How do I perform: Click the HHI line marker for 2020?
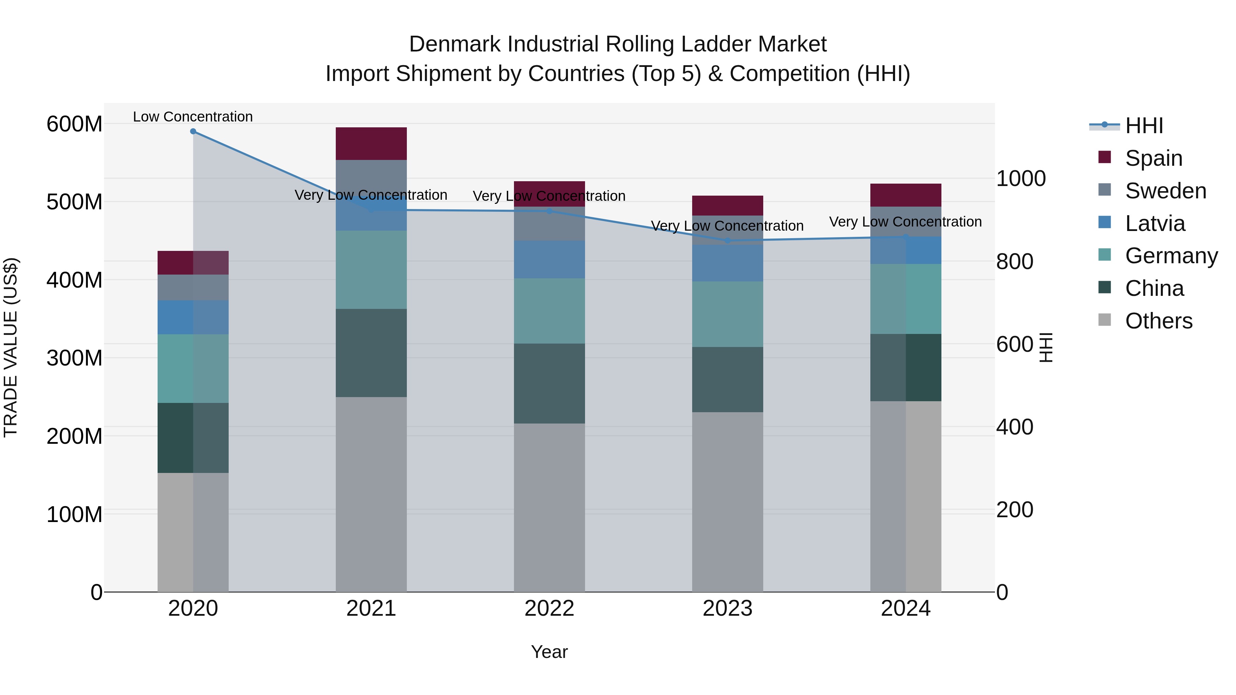coord(193,131)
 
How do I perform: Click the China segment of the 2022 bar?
coord(549,383)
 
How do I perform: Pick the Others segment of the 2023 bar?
coord(728,502)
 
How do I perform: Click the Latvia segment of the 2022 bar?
coord(549,259)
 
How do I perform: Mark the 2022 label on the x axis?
coord(549,609)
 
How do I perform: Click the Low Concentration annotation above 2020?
coord(193,117)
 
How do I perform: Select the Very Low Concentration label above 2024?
coord(905,222)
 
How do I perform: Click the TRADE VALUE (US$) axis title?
coord(11,347)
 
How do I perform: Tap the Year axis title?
coord(549,652)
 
